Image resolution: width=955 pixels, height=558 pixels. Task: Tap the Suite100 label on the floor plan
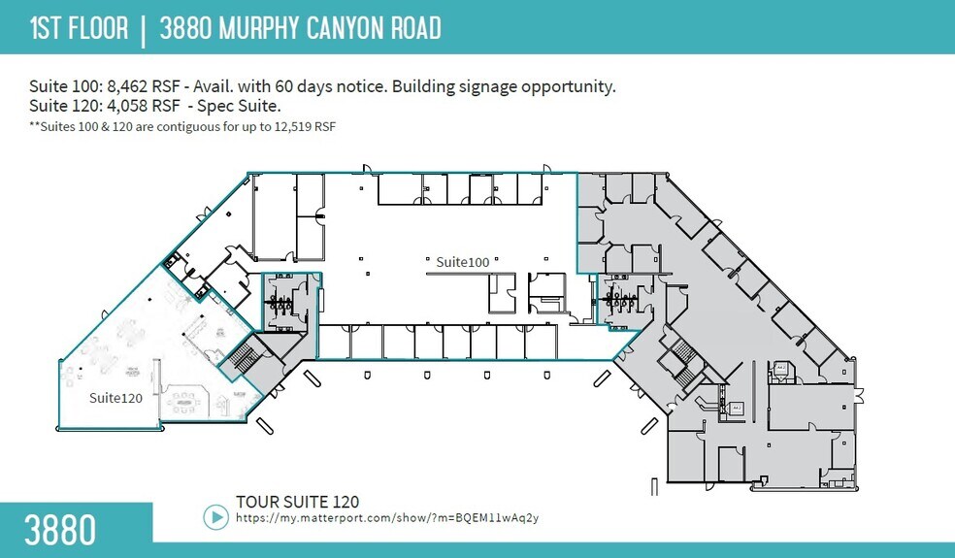[x=462, y=262]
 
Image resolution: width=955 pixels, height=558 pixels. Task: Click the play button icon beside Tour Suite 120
[x=215, y=517]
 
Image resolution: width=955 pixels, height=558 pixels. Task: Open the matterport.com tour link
[x=387, y=518]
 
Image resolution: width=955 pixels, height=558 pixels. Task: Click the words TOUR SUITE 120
[x=297, y=502]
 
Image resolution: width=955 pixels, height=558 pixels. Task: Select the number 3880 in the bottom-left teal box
[x=60, y=531]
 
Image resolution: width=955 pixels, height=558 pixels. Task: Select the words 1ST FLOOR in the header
[x=80, y=28]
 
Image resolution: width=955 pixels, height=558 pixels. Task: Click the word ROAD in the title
[x=412, y=28]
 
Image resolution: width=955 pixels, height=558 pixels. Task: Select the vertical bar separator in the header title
[x=144, y=28]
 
